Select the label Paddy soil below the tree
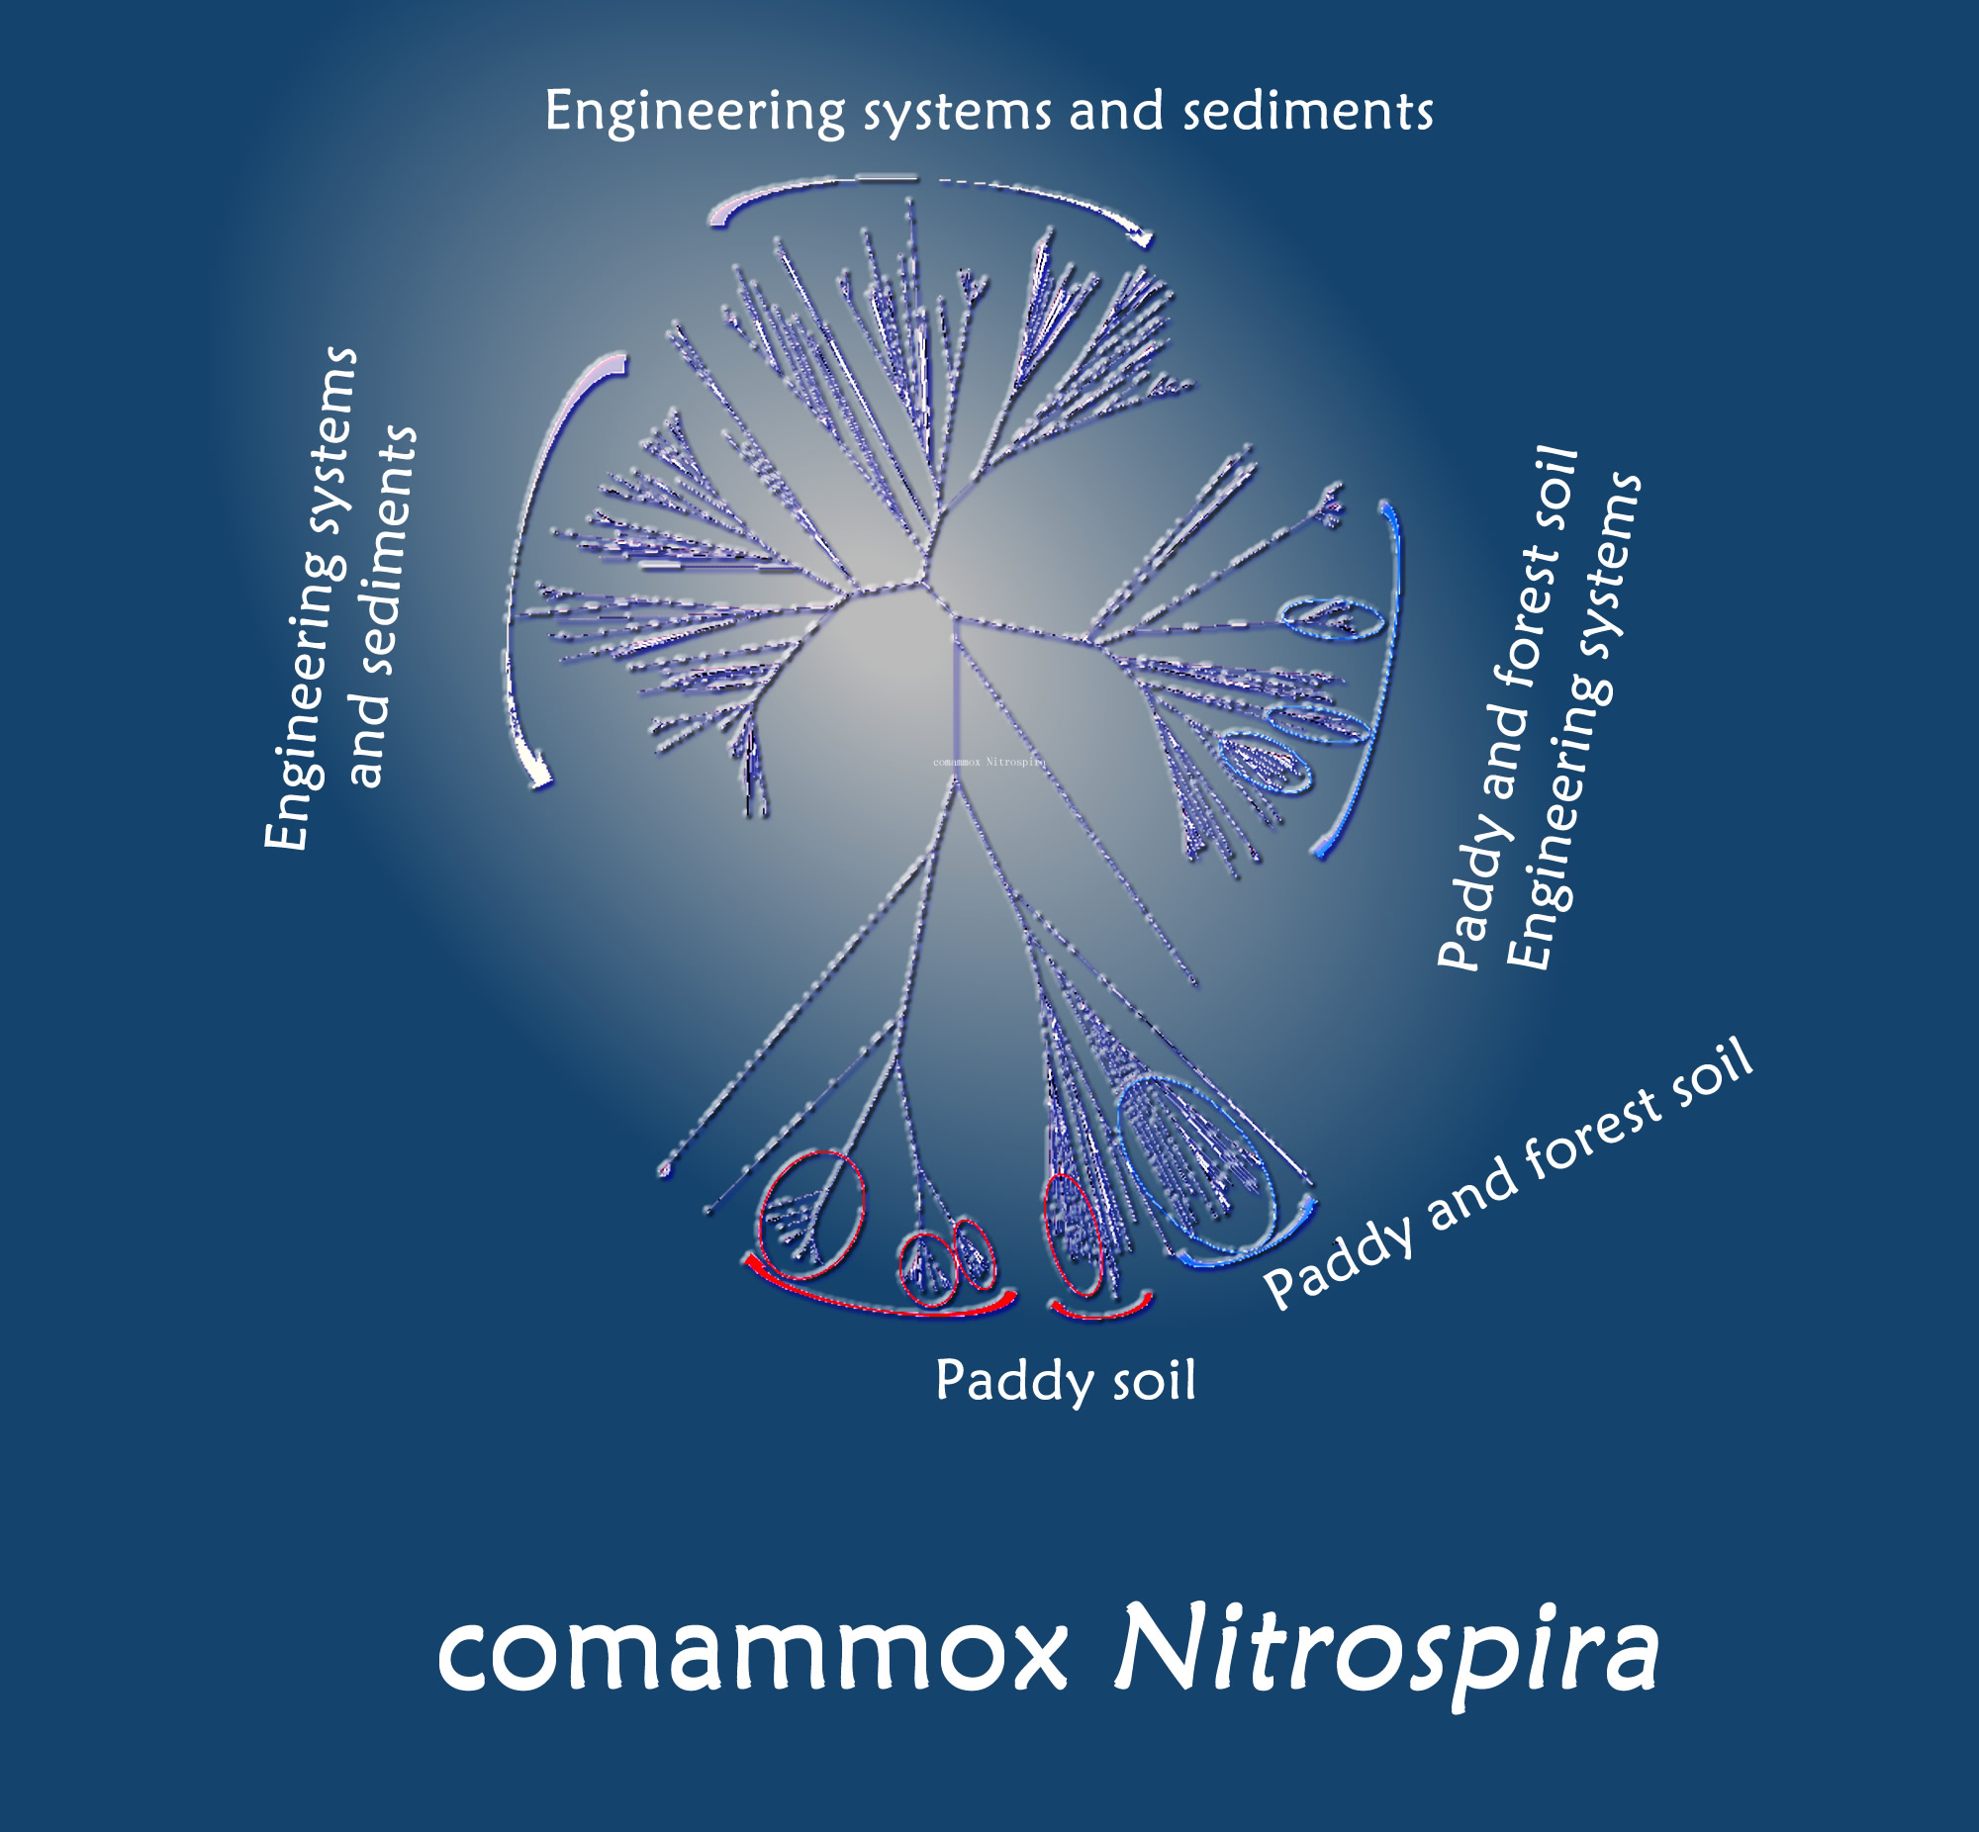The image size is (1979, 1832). [1066, 1380]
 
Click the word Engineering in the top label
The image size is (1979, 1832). [694, 111]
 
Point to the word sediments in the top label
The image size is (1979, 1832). [1308, 111]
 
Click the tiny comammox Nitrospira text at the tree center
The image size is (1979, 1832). [989, 762]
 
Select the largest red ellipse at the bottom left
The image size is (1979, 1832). [810, 1215]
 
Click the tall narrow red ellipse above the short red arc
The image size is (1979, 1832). [1074, 1235]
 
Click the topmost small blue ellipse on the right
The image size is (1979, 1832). [1332, 618]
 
